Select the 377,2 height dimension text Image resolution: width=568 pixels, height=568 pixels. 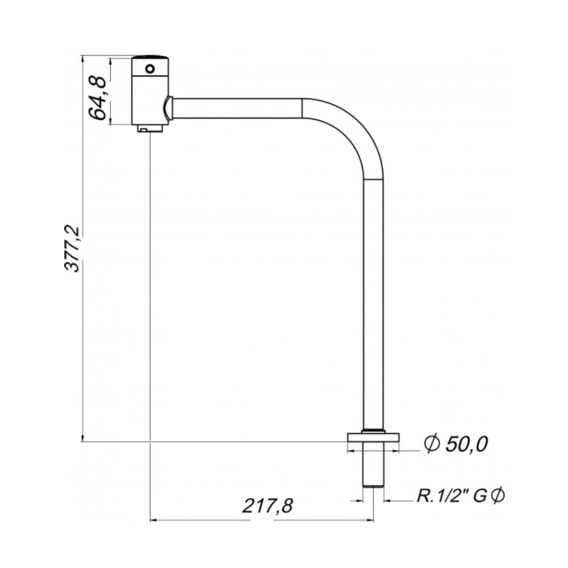click(x=73, y=248)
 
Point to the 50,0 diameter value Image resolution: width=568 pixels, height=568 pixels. click(x=466, y=444)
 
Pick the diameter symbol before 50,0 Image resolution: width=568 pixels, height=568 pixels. click(x=431, y=444)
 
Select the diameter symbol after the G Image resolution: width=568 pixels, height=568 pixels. click(x=497, y=496)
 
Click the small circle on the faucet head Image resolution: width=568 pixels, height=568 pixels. click(x=150, y=69)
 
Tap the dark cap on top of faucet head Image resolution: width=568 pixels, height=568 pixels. click(x=150, y=57)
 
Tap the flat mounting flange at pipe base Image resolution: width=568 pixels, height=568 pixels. click(x=373, y=437)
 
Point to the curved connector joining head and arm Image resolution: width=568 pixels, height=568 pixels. click(x=167, y=108)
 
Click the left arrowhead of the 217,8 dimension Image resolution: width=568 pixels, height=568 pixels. click(x=152, y=520)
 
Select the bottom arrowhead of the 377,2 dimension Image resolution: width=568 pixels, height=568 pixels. click(x=83, y=438)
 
